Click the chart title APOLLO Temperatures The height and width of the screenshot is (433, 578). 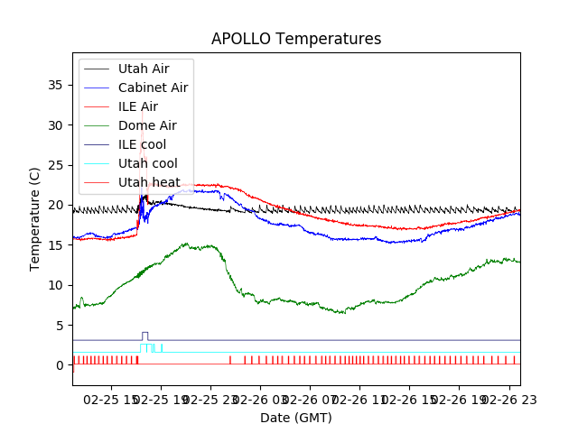point(296,39)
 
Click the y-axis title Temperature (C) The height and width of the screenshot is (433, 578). point(35,218)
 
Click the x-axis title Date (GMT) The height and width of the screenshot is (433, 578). point(296,418)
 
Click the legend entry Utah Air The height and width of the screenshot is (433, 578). point(143,69)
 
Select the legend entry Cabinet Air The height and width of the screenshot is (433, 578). point(153,88)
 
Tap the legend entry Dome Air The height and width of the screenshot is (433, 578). point(147,125)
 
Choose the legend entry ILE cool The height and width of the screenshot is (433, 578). point(142,144)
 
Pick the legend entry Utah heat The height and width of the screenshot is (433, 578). point(149,182)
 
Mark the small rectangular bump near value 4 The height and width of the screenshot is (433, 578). point(145,333)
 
